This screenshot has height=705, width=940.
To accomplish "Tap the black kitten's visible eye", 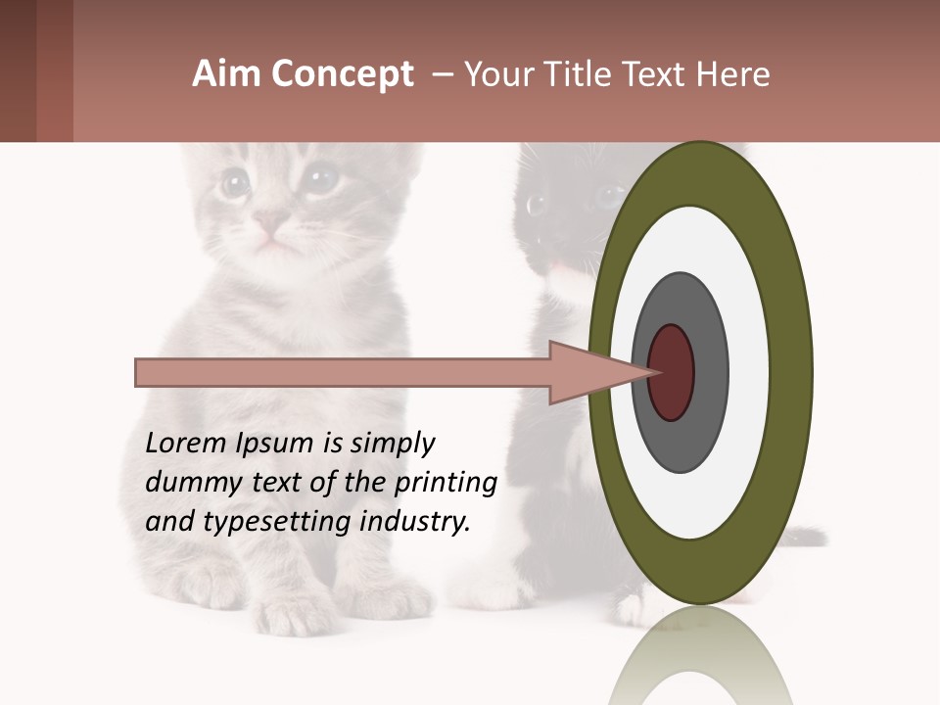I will coord(537,205).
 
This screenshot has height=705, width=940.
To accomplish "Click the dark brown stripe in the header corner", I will coord(18,70).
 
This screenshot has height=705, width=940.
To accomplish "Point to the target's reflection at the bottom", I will coord(701,666).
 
